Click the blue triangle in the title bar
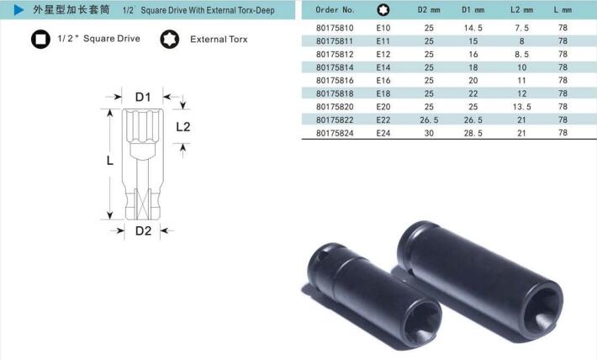point(18,10)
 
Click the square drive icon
point(40,40)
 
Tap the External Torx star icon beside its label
point(169,40)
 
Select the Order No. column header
point(335,10)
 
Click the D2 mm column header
point(429,10)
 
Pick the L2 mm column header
point(521,10)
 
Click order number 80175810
point(335,28)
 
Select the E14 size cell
point(383,67)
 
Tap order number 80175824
point(335,133)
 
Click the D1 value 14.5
point(473,28)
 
